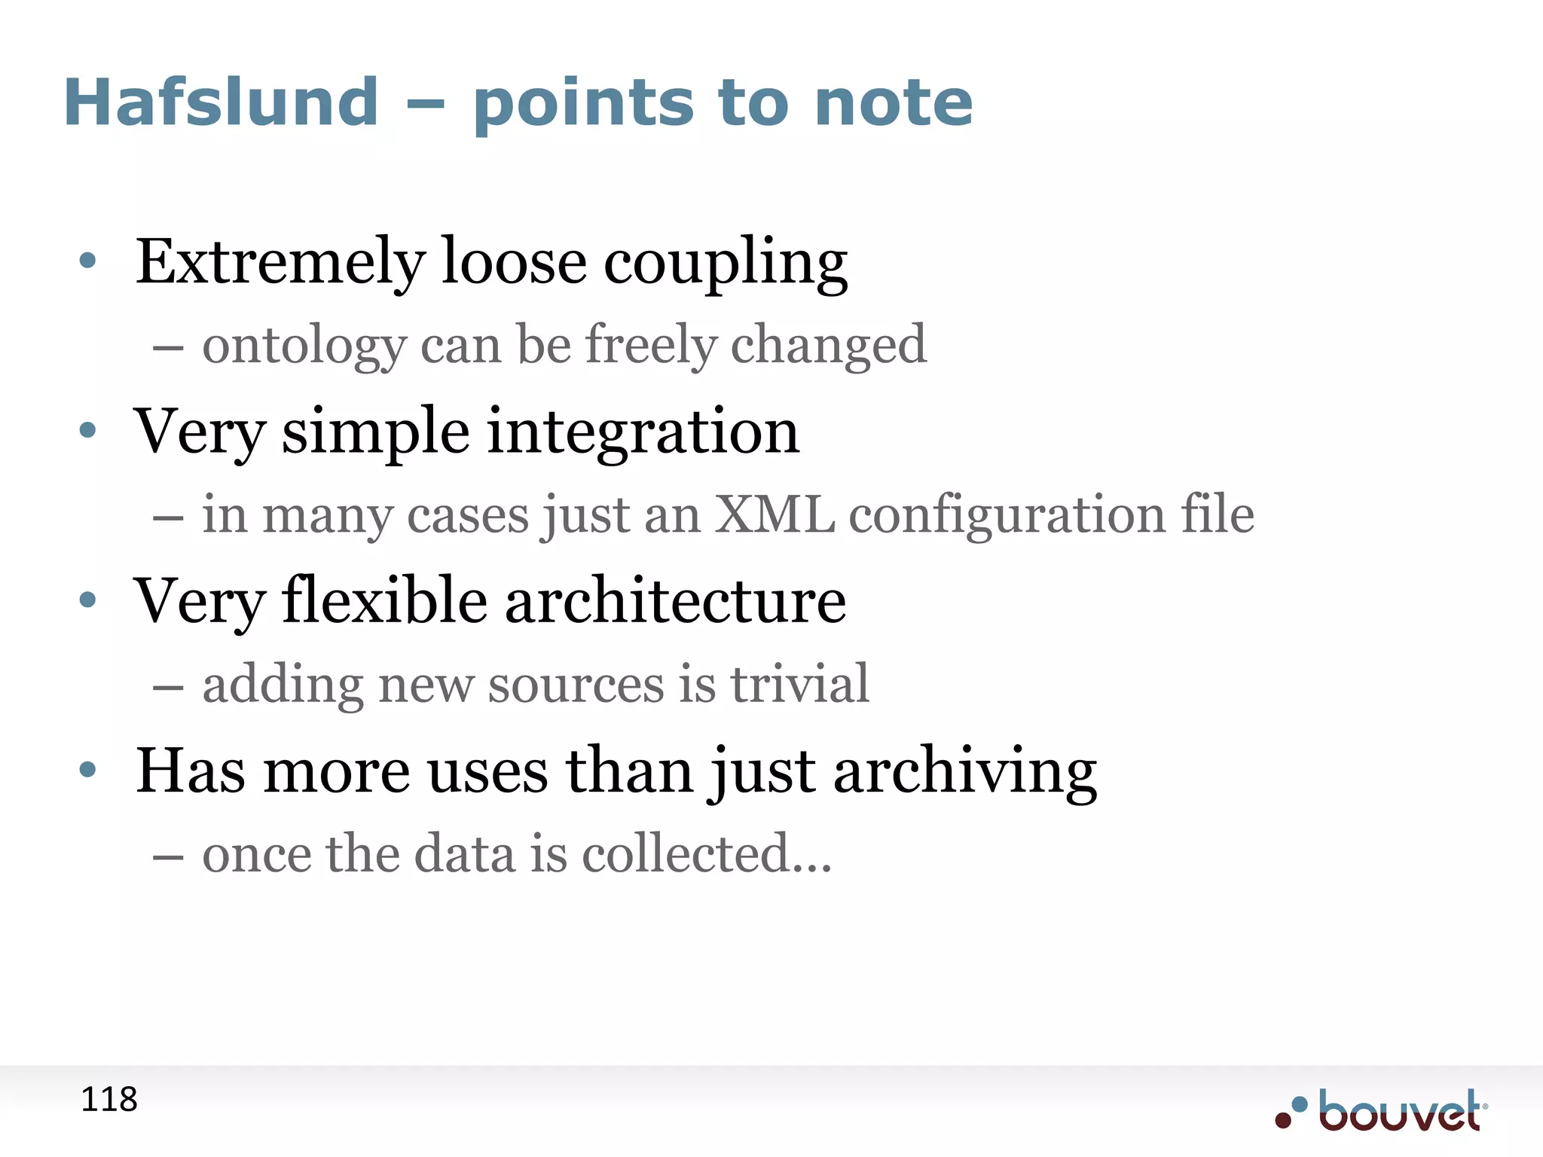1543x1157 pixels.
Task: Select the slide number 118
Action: point(109,1100)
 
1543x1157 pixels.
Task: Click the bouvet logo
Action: point(1383,1110)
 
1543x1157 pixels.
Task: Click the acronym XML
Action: point(774,514)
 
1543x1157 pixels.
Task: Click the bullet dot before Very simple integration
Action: point(88,430)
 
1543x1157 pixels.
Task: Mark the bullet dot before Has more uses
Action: point(88,769)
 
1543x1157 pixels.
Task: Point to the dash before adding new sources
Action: point(168,687)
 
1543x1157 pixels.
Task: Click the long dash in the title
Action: point(425,105)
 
